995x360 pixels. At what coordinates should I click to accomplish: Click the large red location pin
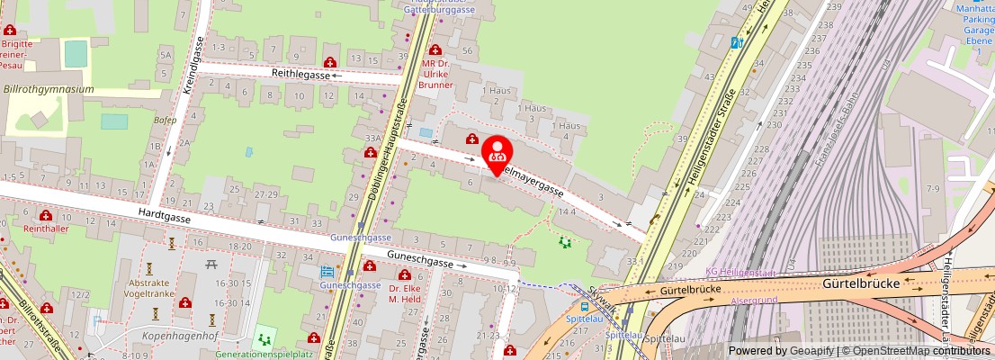pyautogui.click(x=497, y=156)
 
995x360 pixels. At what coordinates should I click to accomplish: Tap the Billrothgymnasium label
pyautogui.click(x=49, y=90)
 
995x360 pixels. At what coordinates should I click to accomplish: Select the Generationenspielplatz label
pyautogui.click(x=264, y=355)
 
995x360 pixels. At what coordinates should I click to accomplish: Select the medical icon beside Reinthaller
pyautogui.click(x=45, y=216)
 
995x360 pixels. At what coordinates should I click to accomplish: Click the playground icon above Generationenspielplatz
pyautogui.click(x=264, y=338)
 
